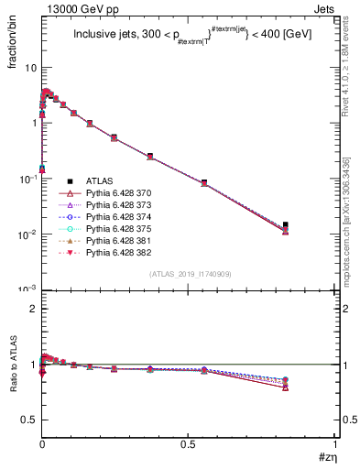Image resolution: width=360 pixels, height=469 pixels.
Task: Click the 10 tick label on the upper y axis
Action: coord(30,68)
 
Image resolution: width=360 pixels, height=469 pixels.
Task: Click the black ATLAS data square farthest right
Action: coord(286,224)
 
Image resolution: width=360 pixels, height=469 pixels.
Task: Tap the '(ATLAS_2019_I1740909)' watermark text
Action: coord(189,275)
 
